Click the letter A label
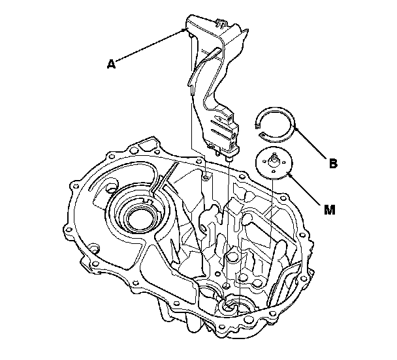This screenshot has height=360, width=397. coord(112,64)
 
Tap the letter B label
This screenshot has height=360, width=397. coord(334,164)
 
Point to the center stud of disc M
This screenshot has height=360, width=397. coord(274,156)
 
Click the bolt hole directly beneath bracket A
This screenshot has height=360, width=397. coord(206,175)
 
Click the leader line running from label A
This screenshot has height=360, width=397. coord(150,45)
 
